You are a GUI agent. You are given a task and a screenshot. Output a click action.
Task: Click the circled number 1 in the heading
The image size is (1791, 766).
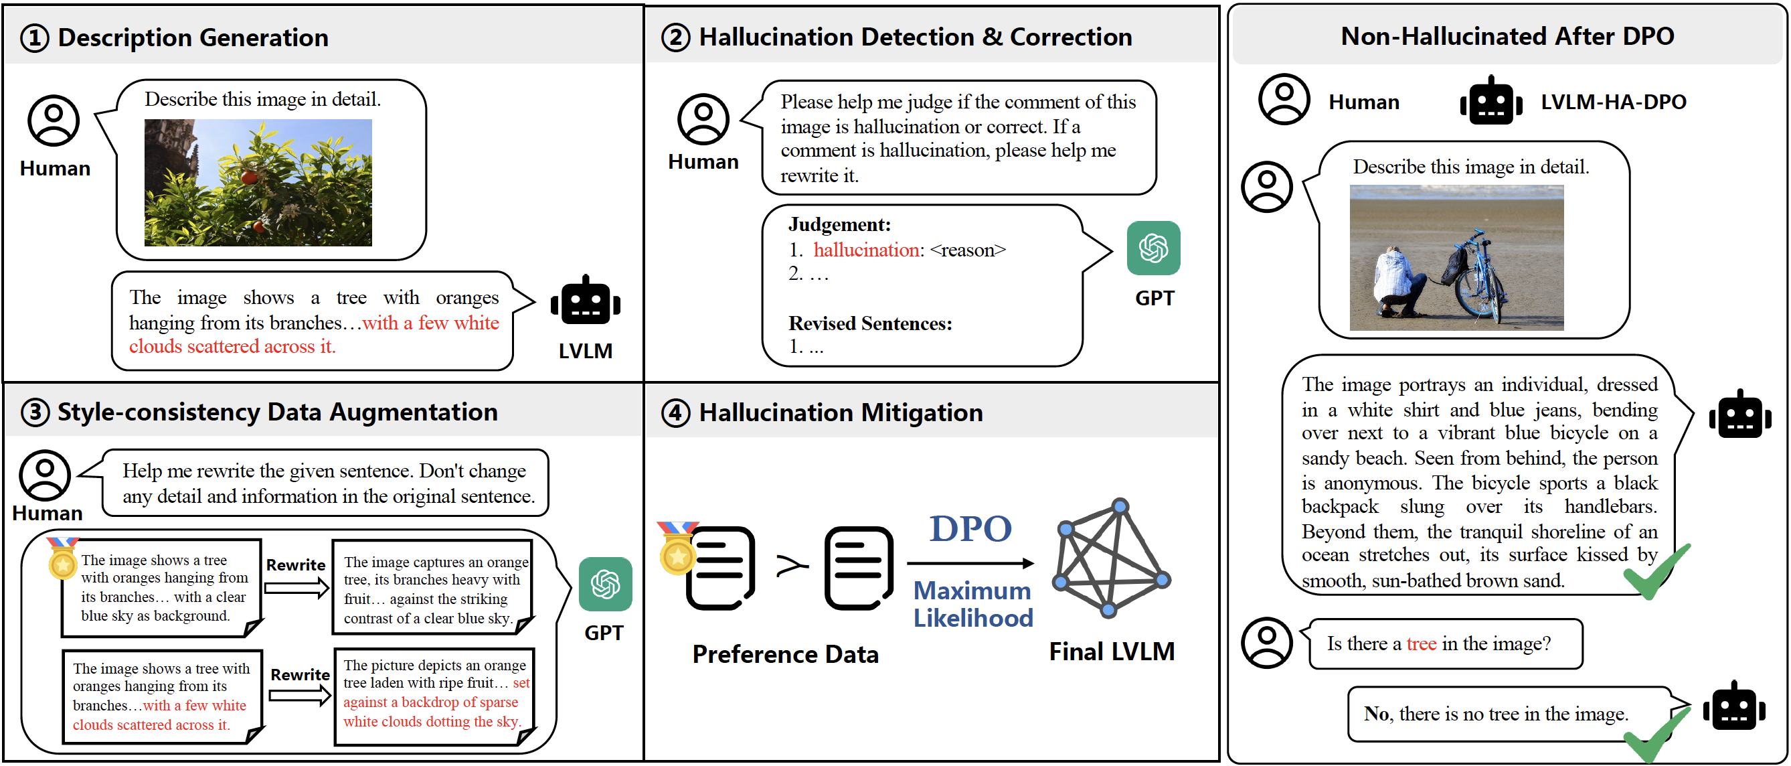point(35,38)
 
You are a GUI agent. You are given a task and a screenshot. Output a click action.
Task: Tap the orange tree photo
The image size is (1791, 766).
point(258,182)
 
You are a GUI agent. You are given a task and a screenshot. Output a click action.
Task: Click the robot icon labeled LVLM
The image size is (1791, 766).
point(586,301)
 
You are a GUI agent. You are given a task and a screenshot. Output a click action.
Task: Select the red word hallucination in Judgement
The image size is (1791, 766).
point(866,250)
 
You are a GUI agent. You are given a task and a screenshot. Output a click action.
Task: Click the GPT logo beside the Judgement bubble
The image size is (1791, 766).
point(1153,248)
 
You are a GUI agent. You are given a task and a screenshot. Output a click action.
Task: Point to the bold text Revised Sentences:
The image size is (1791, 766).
point(870,323)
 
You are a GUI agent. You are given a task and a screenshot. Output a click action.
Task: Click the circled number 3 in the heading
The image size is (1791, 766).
point(35,412)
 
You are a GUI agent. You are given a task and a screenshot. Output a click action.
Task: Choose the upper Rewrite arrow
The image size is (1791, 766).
point(296,588)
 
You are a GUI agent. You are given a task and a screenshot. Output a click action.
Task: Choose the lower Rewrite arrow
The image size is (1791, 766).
point(300,695)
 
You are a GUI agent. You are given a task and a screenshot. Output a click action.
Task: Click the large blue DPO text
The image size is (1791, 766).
point(970,529)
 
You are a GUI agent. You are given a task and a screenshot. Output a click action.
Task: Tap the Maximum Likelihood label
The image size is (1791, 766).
point(972,604)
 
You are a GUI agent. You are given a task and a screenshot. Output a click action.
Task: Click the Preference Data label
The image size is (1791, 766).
point(785,655)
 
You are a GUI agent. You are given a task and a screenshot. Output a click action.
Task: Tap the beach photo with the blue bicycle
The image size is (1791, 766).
point(1456,257)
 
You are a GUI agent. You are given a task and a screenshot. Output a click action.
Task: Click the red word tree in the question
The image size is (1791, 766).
point(1421,643)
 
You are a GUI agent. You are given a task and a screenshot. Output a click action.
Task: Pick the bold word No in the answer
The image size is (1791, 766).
point(1376,714)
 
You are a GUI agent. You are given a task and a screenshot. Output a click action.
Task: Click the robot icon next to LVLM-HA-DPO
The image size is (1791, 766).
point(1490,102)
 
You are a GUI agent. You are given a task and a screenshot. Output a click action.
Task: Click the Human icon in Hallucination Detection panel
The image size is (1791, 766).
point(703,119)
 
